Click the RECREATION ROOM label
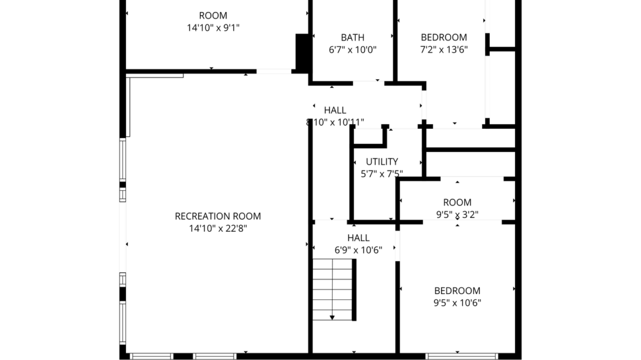click(x=218, y=216)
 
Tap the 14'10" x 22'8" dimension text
click(x=218, y=228)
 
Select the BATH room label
click(x=352, y=38)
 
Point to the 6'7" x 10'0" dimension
click(x=352, y=50)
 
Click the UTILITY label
click(x=382, y=162)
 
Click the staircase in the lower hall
click(x=333, y=289)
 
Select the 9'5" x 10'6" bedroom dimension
click(x=457, y=303)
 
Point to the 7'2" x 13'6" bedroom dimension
click(x=444, y=50)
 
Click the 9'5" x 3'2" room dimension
click(x=457, y=214)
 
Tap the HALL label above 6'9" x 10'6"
click(x=358, y=238)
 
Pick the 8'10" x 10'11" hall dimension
click(x=335, y=122)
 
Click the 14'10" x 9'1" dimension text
click(x=213, y=28)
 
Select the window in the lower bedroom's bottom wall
click(x=462, y=355)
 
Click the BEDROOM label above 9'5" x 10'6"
click(x=457, y=291)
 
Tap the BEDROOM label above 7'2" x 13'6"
click(x=444, y=38)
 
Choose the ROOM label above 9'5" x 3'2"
click(x=457, y=202)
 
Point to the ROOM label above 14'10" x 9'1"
click(x=213, y=16)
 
